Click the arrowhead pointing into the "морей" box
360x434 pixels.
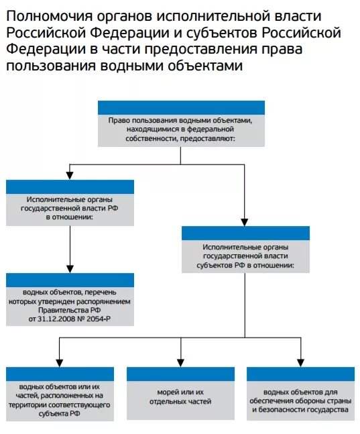180,362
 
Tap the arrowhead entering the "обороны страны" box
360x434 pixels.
300,362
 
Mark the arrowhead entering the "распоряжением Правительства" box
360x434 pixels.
70,268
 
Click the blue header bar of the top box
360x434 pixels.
180,107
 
